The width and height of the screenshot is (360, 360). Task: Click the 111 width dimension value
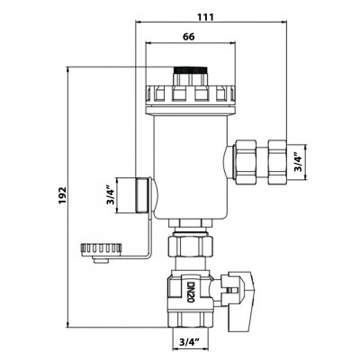coord(205,17)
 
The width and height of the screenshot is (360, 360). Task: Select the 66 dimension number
coord(189,37)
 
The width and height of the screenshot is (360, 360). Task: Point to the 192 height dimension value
coord(62,195)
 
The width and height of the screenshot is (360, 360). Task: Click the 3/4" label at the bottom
coord(190,342)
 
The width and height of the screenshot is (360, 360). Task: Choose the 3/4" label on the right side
coord(297,163)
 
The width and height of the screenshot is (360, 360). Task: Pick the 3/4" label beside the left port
coord(111,196)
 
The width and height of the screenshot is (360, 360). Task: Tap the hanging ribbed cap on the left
coord(101,249)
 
